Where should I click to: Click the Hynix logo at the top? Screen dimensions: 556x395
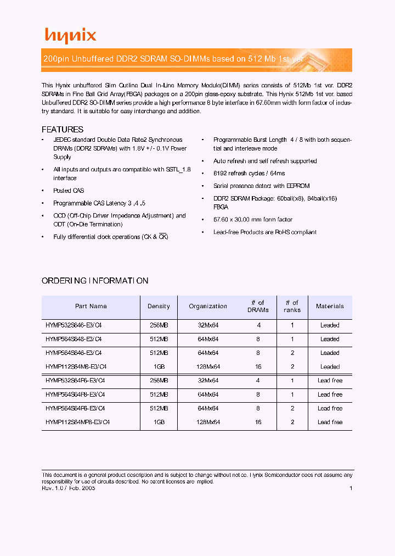(x=70, y=36)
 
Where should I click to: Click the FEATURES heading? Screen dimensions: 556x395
(x=63, y=130)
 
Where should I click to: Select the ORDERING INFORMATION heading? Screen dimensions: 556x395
(x=95, y=281)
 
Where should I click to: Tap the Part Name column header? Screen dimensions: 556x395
(x=91, y=307)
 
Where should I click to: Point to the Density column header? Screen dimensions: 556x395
(x=159, y=307)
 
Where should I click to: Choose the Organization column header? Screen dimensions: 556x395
(x=208, y=307)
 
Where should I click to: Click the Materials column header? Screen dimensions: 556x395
(x=330, y=307)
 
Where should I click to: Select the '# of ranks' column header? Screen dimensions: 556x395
(x=292, y=307)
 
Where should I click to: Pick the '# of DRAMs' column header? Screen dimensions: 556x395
(x=258, y=307)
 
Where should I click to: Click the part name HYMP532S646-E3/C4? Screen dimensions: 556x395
(x=74, y=325)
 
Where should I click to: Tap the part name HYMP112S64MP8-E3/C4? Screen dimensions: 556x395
(x=78, y=422)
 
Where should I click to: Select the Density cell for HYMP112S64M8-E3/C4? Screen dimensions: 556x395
(x=159, y=367)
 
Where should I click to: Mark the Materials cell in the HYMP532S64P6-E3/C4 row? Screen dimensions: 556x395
(x=330, y=381)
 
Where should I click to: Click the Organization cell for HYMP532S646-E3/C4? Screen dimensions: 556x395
(x=208, y=325)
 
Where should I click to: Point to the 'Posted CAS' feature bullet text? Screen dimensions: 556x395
(x=69, y=191)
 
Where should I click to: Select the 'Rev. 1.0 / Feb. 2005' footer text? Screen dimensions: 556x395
(x=69, y=488)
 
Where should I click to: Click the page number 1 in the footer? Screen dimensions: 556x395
(x=351, y=488)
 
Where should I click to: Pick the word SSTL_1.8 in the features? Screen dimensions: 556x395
(x=178, y=170)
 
